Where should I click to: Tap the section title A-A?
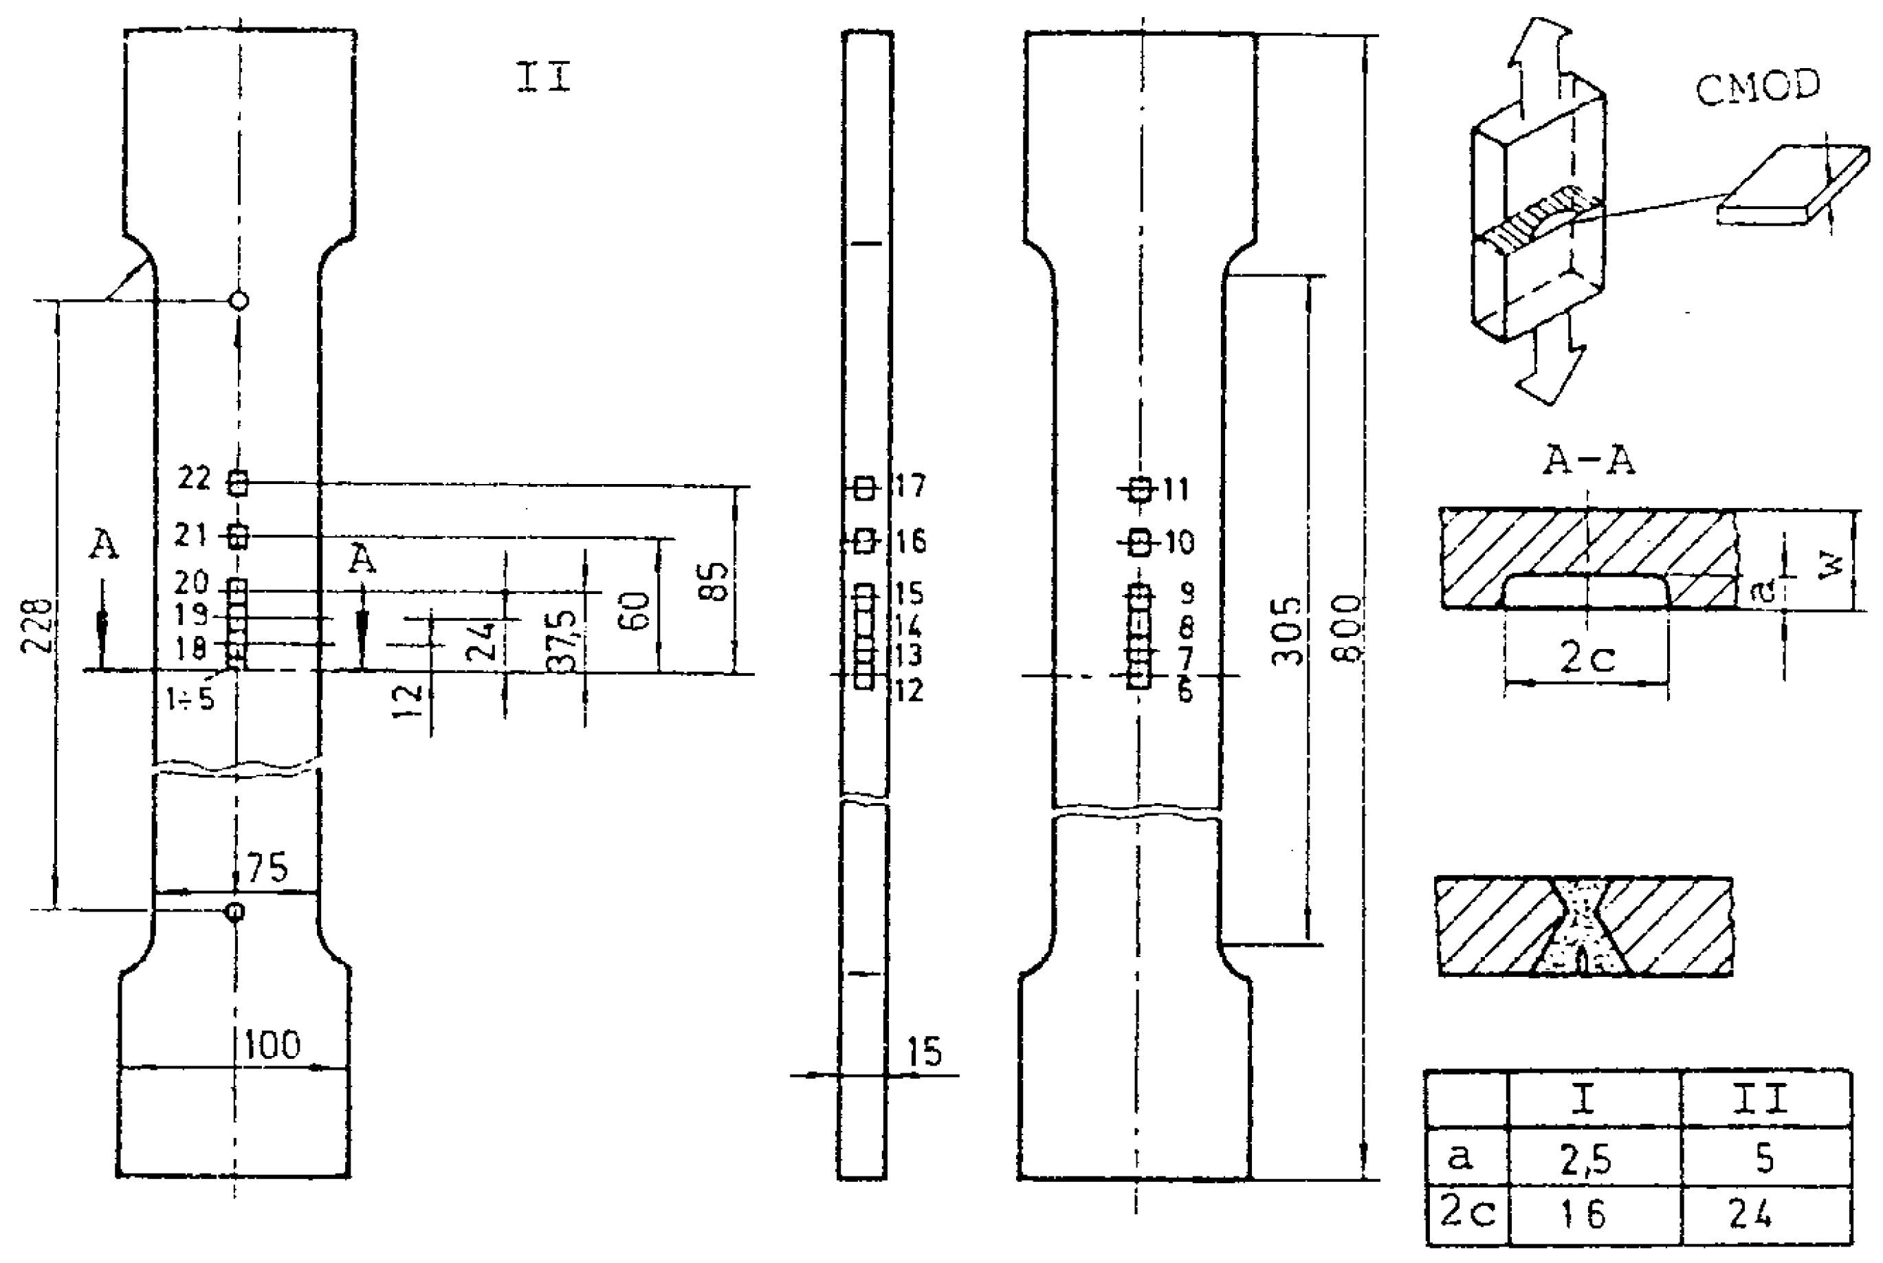pyautogui.click(x=1587, y=461)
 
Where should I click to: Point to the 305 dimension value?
pyautogui.click(x=1286, y=630)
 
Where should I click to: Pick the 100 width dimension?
pyautogui.click(x=272, y=1045)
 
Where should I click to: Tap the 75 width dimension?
pyautogui.click(x=267, y=868)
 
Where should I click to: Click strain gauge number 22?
pyautogui.click(x=194, y=479)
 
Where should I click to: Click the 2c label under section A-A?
pyautogui.click(x=1587, y=658)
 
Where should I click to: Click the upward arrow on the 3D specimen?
pyautogui.click(x=1521, y=56)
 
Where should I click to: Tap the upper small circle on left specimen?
pyautogui.click(x=239, y=301)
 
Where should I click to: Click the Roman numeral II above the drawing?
pyautogui.click(x=544, y=78)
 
